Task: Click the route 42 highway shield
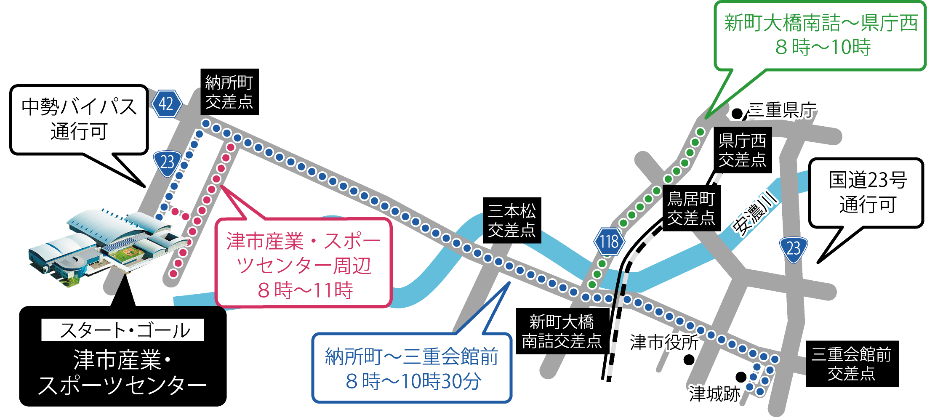point(166,104)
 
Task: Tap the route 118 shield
point(609,242)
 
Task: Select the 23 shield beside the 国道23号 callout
point(793,249)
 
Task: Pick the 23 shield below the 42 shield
point(167,162)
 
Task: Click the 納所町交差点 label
point(229,92)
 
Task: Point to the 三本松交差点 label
point(511,221)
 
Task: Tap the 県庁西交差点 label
point(742,150)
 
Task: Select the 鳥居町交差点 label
point(691,208)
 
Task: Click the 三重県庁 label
point(782,110)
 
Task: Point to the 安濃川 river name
point(755,213)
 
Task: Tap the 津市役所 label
point(664,342)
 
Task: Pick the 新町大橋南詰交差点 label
point(562,332)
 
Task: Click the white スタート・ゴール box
point(123,330)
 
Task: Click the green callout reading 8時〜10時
point(820,35)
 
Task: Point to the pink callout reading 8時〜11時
point(304,264)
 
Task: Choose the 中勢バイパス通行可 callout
point(79,120)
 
